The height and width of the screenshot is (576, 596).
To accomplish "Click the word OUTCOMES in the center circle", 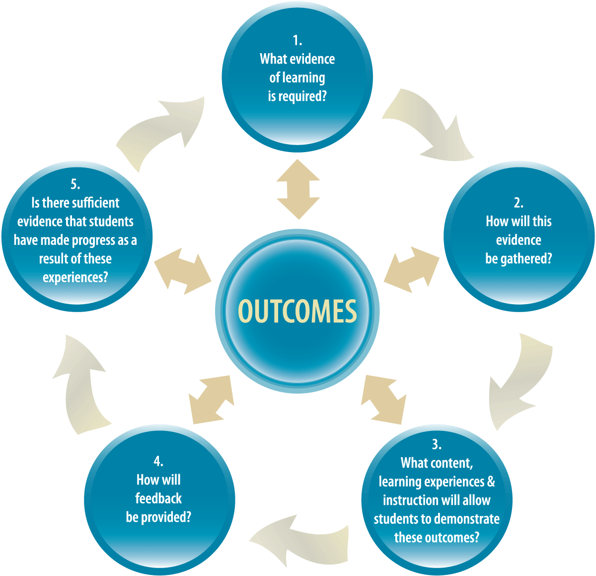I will [297, 312].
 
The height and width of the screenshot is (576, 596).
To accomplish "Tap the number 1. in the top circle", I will [297, 40].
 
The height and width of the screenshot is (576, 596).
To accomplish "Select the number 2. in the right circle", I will [519, 203].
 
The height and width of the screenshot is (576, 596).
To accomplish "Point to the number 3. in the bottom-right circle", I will [437, 444].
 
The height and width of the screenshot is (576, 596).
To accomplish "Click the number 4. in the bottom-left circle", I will [158, 461].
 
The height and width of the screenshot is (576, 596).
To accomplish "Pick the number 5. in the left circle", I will [75, 184].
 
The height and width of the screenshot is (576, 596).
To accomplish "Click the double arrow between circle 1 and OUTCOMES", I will [298, 189].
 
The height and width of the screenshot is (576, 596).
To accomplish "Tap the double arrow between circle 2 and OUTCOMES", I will [411, 269].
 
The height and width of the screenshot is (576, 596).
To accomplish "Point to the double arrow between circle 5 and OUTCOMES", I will [183, 271].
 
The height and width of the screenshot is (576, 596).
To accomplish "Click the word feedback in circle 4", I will [158, 498].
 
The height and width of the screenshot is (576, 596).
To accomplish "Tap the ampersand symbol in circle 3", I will [491, 482].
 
